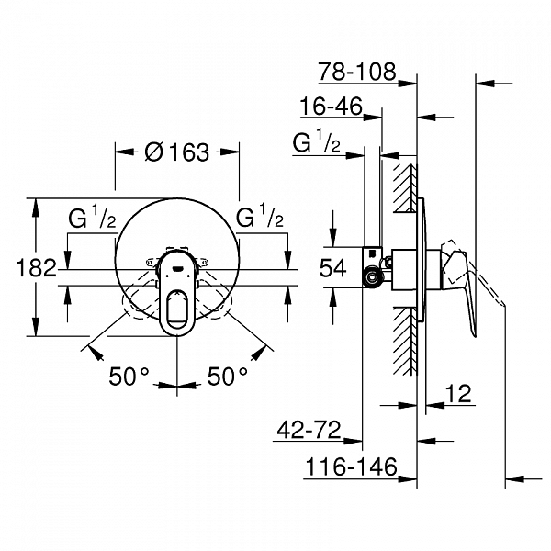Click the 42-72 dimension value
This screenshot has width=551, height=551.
coord(309,428)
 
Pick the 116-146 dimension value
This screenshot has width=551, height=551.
coord(352,468)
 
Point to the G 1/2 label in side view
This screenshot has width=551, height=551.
coord(317,144)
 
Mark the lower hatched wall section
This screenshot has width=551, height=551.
coord(404,344)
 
